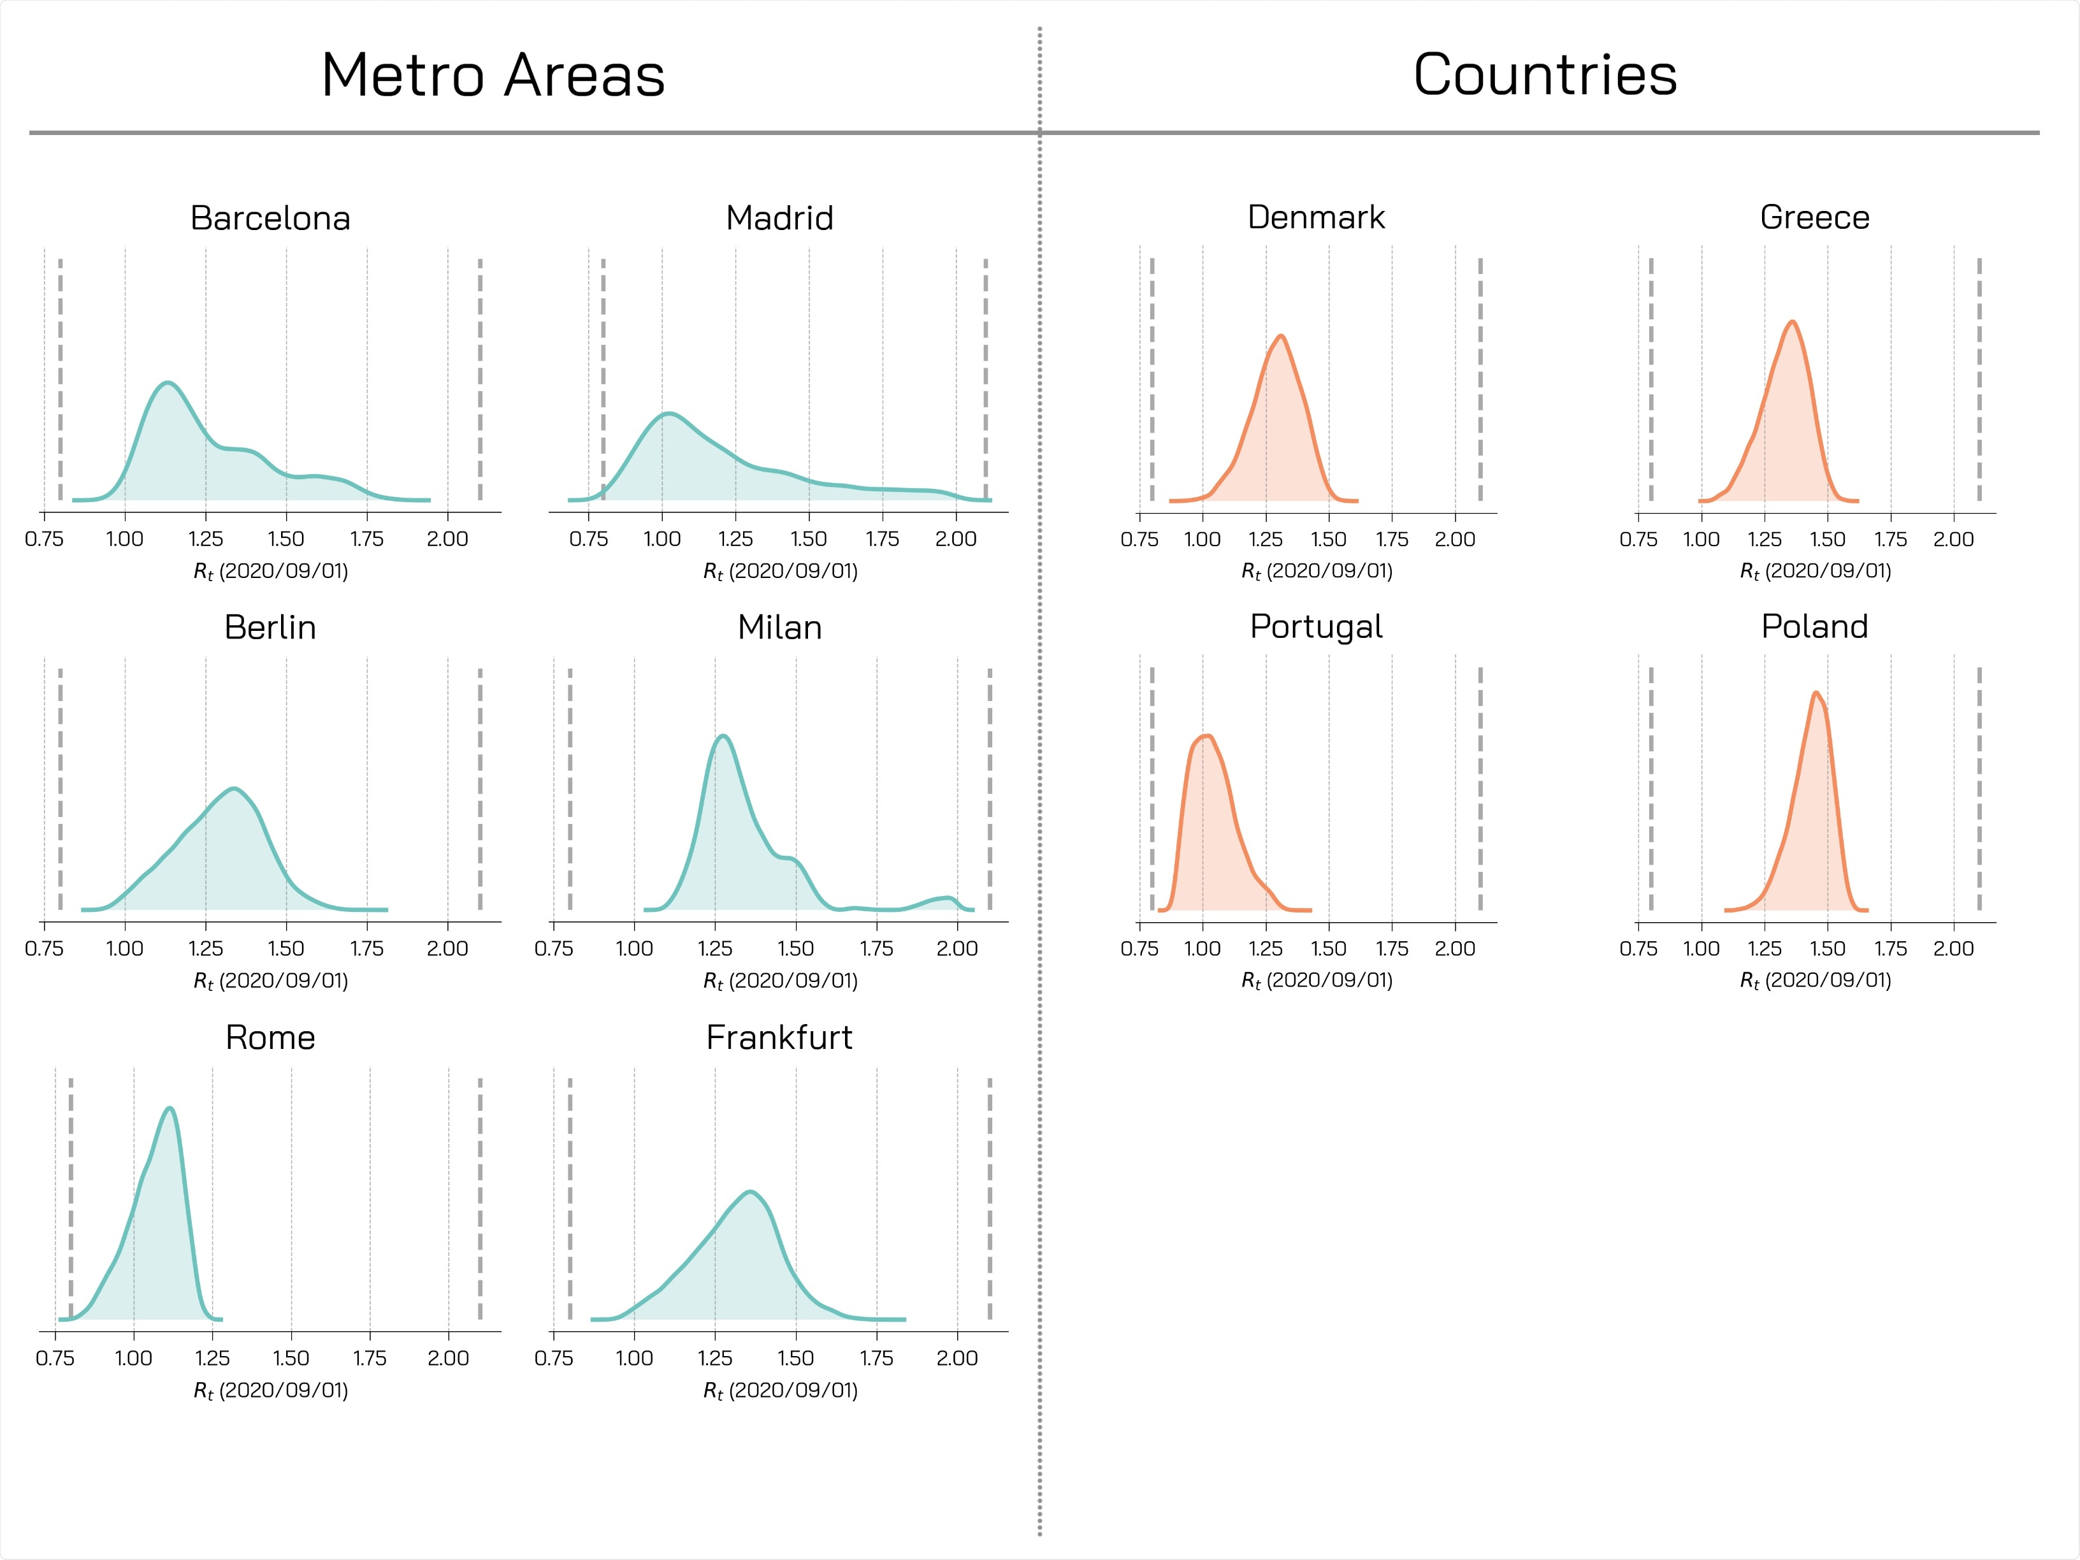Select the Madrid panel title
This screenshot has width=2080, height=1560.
coord(779,218)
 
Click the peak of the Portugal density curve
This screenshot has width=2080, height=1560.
coord(1206,735)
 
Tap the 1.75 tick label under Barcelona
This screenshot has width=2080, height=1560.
coord(366,540)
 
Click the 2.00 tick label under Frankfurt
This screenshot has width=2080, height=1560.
coord(957,1359)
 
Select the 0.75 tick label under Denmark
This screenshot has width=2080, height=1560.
coord(1139,540)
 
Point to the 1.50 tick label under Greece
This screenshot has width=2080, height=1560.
coord(1827,540)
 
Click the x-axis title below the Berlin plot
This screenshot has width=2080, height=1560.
coord(271,981)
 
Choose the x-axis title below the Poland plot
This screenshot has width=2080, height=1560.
coord(1815,980)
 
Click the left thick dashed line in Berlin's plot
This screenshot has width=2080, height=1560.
coord(60,790)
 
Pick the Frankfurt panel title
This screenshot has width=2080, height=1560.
coord(779,1037)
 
